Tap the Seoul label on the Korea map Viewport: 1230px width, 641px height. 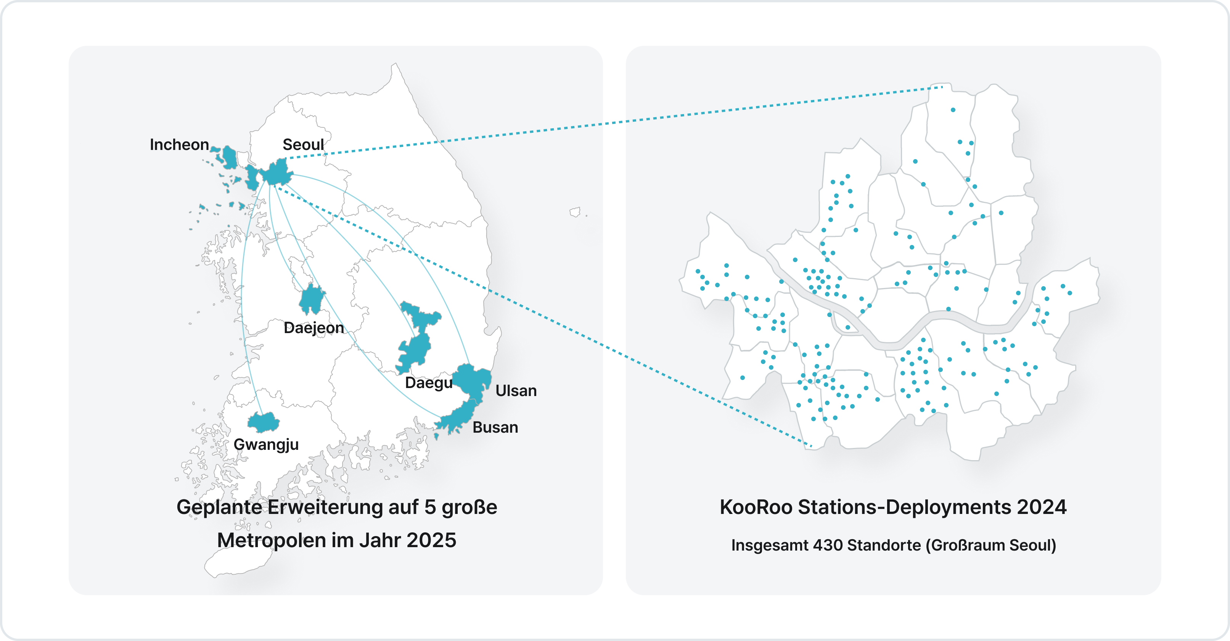(x=303, y=144)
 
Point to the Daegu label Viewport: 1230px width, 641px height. (x=428, y=383)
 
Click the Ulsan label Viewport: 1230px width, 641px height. (x=516, y=391)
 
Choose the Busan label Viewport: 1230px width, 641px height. (x=495, y=427)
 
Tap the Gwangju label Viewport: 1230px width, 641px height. (x=266, y=444)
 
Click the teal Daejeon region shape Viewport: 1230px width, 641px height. (x=312, y=300)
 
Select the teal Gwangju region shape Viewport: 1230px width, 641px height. (x=263, y=422)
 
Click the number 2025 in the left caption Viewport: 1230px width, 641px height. (x=431, y=540)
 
